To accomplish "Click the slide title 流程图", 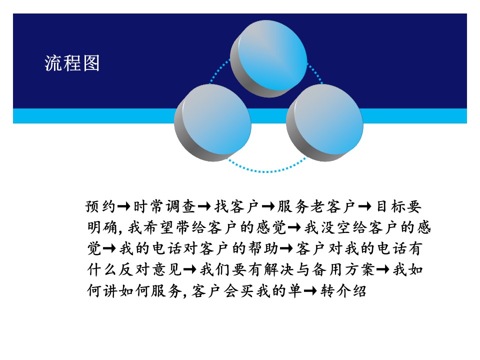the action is point(72,63).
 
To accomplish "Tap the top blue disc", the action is point(269,59).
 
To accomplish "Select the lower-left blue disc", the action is point(213,122).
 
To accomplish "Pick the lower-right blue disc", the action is point(325,122).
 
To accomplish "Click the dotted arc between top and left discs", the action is point(218,70).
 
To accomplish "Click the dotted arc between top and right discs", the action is point(315,72).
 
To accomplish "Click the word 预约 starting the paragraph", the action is point(100,206).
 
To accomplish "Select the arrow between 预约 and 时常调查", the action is point(124,206).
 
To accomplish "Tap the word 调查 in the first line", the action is point(180,206).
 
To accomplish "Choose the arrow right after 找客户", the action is point(268,206).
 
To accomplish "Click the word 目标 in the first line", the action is point(390,206).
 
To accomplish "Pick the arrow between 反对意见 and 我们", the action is point(189,269).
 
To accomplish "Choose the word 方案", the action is point(360,269).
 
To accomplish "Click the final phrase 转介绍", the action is point(343,290).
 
